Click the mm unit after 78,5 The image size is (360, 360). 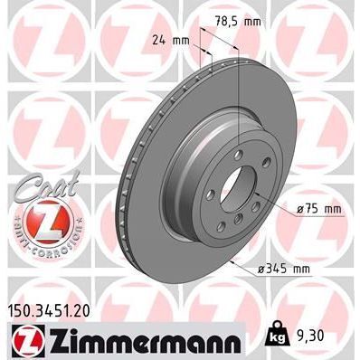pyautogui.click(x=265, y=21)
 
